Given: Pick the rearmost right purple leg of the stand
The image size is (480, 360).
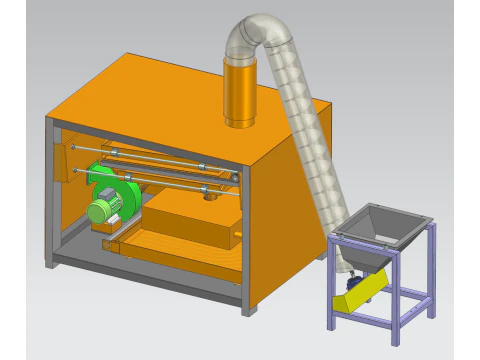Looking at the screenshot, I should click(x=432, y=270).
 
